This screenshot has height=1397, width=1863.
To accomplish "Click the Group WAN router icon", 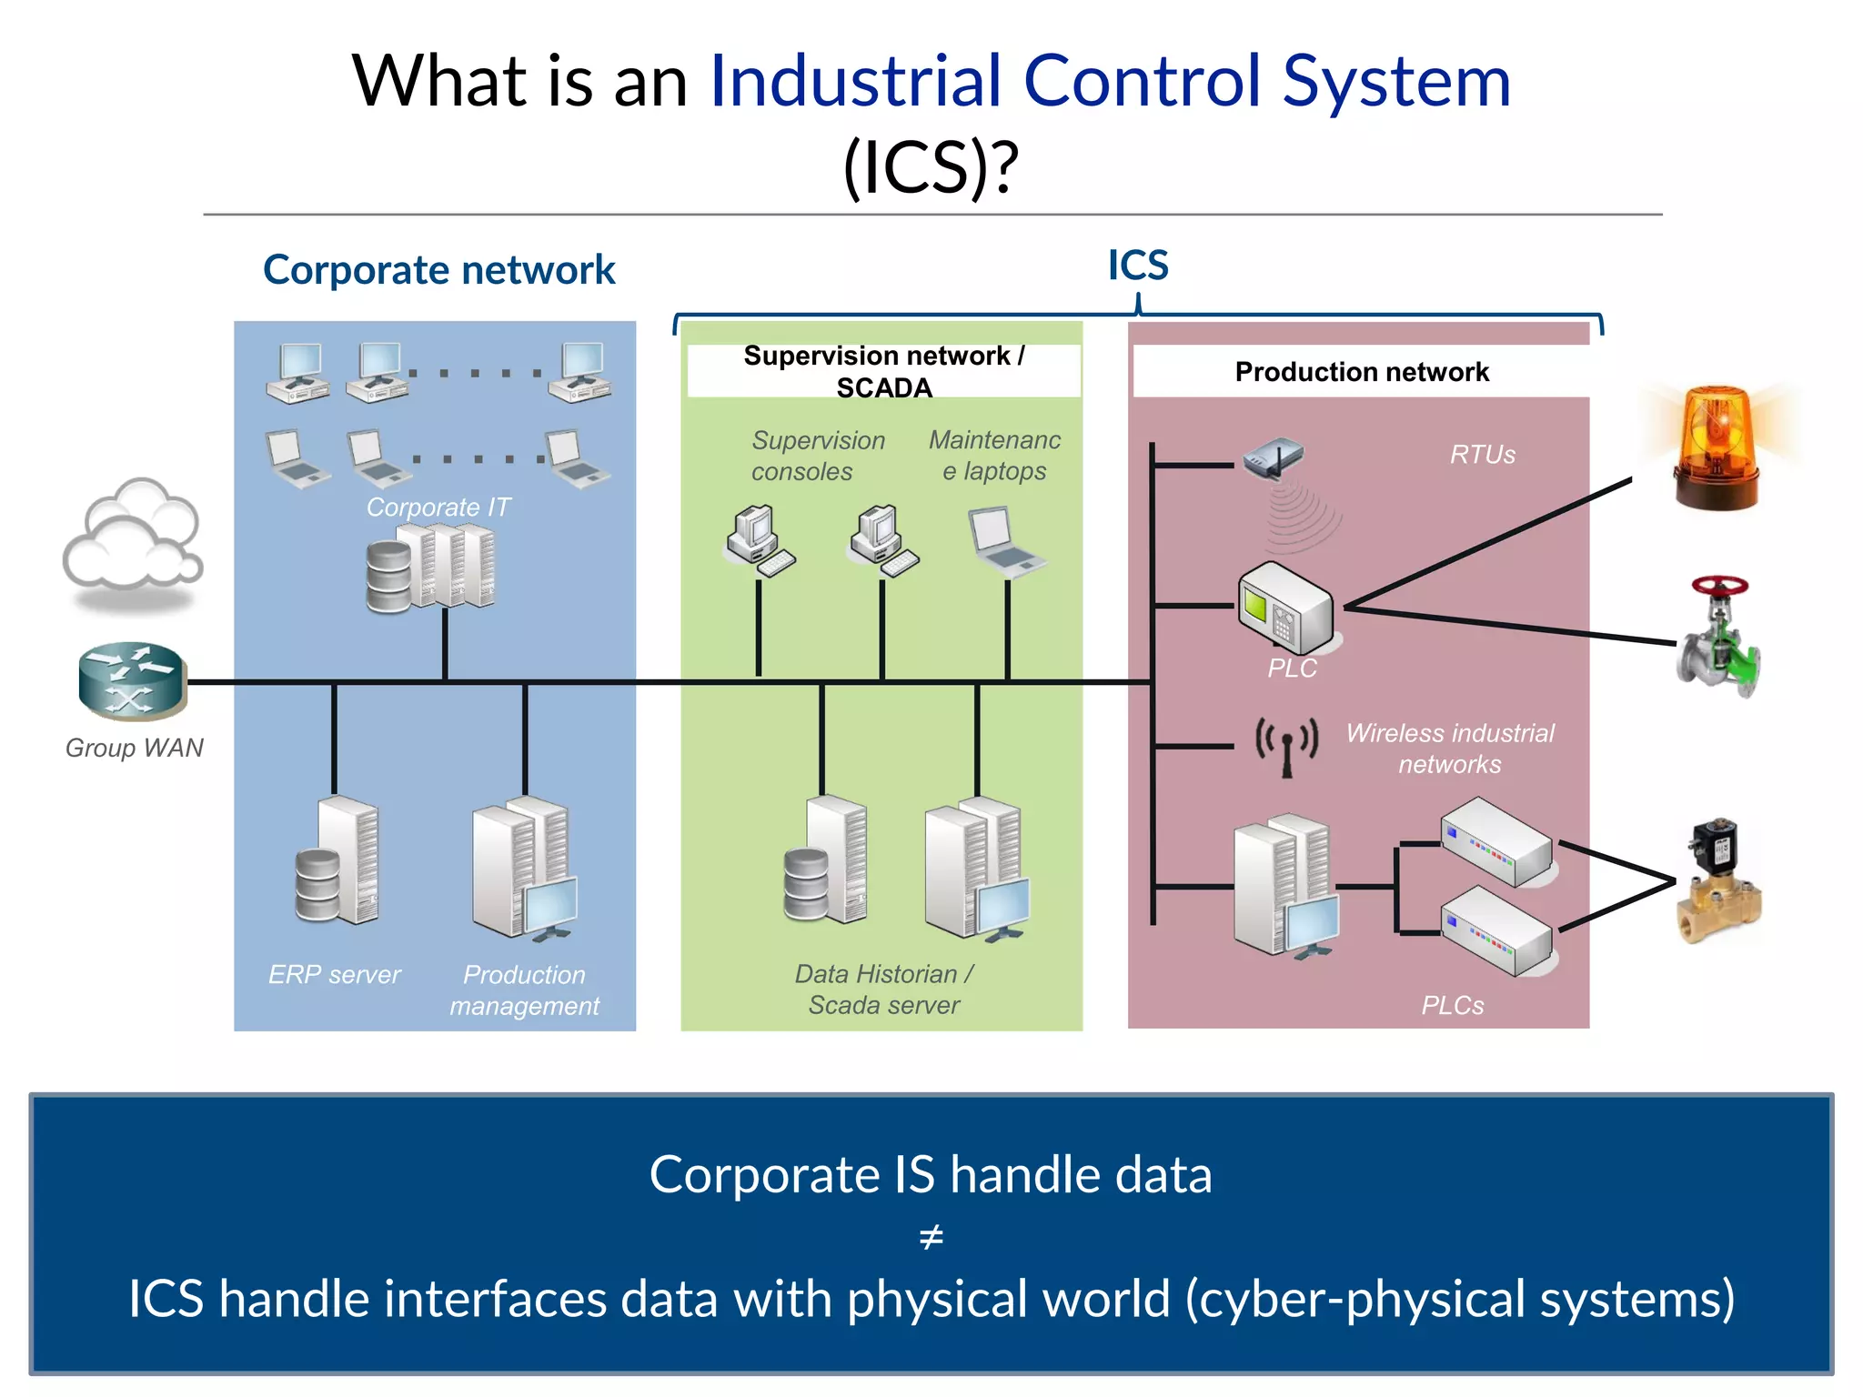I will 133,680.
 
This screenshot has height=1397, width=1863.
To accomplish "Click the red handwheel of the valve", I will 1719,587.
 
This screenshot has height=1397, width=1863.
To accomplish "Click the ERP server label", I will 334,974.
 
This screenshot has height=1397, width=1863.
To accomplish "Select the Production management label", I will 525,990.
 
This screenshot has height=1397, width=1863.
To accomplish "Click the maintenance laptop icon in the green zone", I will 1004,540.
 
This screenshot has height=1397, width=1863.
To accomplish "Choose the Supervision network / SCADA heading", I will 883,371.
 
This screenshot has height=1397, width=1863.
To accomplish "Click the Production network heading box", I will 1361,371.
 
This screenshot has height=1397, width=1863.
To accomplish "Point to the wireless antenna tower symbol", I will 1286,746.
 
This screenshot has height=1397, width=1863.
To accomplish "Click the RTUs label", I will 1482,454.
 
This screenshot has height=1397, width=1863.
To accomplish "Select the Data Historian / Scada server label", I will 883,989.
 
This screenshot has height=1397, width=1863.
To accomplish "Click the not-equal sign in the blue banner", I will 931,1237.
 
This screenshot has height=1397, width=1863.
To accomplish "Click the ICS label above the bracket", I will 1137,266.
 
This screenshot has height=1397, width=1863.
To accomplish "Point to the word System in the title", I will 1396,82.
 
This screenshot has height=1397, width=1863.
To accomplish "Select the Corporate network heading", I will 438,270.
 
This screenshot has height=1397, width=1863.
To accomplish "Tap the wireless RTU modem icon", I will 1274,457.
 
